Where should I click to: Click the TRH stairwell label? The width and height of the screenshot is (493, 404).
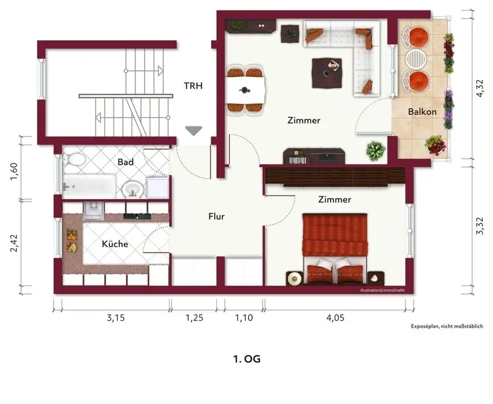coord(193,86)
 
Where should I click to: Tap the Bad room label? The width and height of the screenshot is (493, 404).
coord(125,162)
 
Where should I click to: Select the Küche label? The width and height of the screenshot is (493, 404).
coord(115,244)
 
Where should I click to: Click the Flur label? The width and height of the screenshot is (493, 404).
coord(216,217)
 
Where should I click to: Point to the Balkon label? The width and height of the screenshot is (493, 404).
coord(422,112)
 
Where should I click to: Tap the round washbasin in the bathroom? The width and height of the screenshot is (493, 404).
coord(133,189)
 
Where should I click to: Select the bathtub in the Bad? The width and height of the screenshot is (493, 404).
coord(89,186)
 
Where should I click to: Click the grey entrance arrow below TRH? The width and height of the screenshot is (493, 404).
coord(193,131)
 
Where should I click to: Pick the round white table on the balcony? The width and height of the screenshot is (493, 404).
coord(415,58)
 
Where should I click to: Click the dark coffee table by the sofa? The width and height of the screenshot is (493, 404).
coord(327,73)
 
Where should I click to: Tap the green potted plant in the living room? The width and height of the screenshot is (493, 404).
coord(376,150)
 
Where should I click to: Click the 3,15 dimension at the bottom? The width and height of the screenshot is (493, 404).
coord(115,318)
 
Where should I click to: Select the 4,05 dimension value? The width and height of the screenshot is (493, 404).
coord(335,318)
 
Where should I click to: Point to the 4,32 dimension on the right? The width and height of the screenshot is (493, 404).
coord(480,88)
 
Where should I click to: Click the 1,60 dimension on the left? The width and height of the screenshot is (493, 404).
coord(14,171)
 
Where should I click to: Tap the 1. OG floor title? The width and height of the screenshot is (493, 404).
coord(247,359)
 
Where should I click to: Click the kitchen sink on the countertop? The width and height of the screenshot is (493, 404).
coord(93,210)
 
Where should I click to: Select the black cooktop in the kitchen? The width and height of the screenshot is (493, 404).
coord(137,216)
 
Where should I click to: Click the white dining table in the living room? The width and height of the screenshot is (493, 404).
coord(246,91)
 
